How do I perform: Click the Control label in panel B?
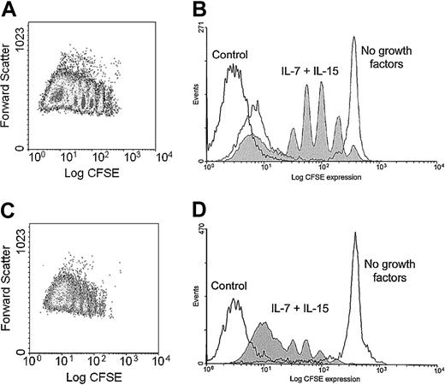click(232, 56)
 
